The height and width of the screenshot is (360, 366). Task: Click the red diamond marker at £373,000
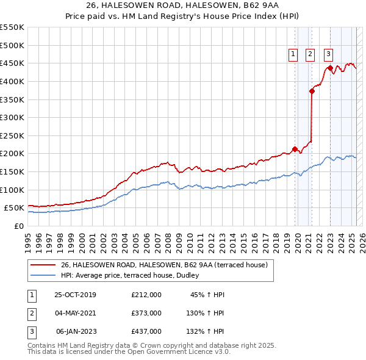coord(312,91)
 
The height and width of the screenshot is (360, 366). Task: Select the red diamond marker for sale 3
coord(330,68)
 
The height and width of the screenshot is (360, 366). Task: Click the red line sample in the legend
coord(43,265)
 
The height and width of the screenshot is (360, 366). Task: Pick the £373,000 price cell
coord(146,313)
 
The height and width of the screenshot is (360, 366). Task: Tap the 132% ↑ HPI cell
coord(205,331)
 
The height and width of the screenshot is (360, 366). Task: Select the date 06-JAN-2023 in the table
coord(76,331)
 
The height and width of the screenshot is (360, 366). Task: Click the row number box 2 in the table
coord(30,314)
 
